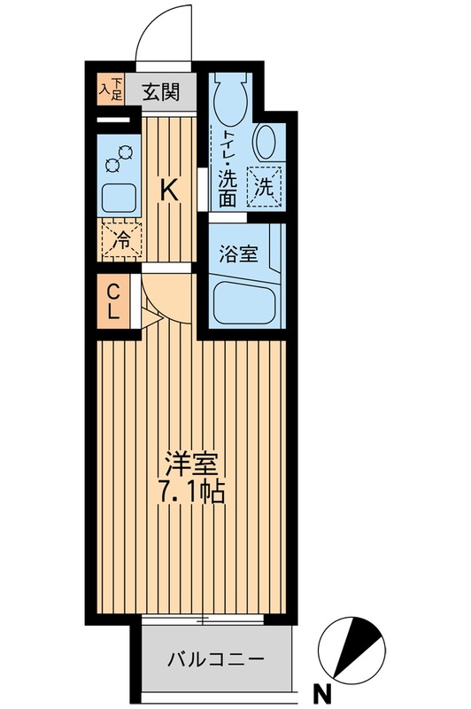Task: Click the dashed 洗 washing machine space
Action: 265,186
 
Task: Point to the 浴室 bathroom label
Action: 239,254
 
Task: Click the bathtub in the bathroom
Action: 246,303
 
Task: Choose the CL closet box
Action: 114,302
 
